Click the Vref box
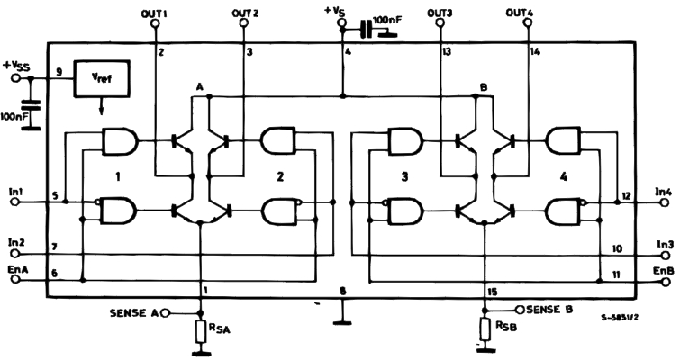103,78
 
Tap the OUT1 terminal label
154,13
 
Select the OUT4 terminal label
520,13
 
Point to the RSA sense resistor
200,332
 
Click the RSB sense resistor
485,328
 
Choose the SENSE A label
134,313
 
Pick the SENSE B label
549,310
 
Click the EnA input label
18,269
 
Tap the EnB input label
664,271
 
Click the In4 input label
663,191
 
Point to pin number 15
493,292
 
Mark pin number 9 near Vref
59,71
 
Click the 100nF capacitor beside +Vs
367,31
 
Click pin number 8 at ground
342,292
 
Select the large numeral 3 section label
404,176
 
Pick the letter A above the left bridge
199,87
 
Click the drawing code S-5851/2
620,318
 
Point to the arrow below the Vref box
102,106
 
